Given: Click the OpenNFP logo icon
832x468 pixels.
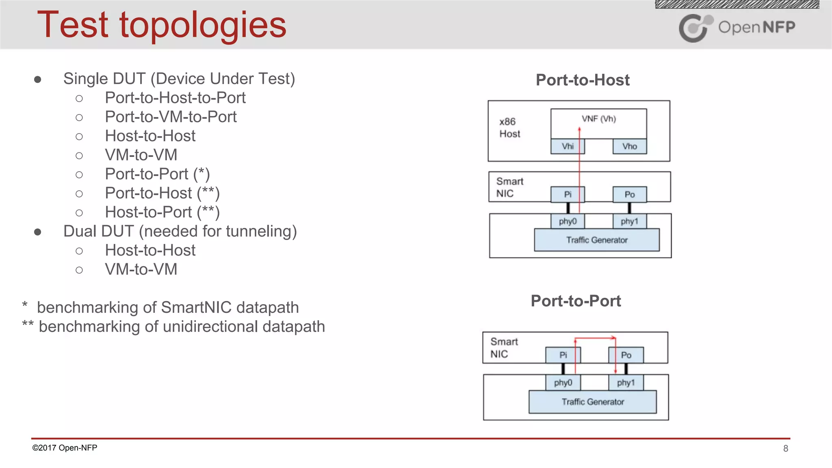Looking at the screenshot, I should pos(695,28).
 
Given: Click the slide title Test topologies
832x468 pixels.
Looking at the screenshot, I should pos(162,25).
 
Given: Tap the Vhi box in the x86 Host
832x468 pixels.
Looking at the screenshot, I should pos(568,146).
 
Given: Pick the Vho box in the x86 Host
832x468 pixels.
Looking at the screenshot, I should pos(629,146).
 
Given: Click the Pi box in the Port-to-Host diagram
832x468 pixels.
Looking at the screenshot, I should pos(568,194).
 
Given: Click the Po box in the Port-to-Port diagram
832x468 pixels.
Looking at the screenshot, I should pos(626,355).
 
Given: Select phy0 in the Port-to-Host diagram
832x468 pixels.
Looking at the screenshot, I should pos(568,221).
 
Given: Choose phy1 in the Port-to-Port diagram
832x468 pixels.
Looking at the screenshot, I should pos(626,383).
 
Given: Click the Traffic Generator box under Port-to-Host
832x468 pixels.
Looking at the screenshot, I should pos(596,240).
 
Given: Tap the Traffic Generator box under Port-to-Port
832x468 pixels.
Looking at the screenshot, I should pos(592,402).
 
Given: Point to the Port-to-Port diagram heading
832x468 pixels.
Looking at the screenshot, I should pos(576,301).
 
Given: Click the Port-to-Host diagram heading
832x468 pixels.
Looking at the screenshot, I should pos(583,80).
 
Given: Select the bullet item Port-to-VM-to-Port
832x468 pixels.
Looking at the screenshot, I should pos(171,117).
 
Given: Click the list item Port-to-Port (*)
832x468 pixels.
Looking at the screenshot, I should pos(157,174).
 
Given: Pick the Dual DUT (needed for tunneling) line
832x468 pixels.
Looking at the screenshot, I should pos(180,232).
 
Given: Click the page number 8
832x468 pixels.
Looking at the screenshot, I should pos(786,448).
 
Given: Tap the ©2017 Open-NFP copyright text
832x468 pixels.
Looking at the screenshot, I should pos(65,448).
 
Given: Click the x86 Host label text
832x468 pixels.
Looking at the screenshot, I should pos(509,128).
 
